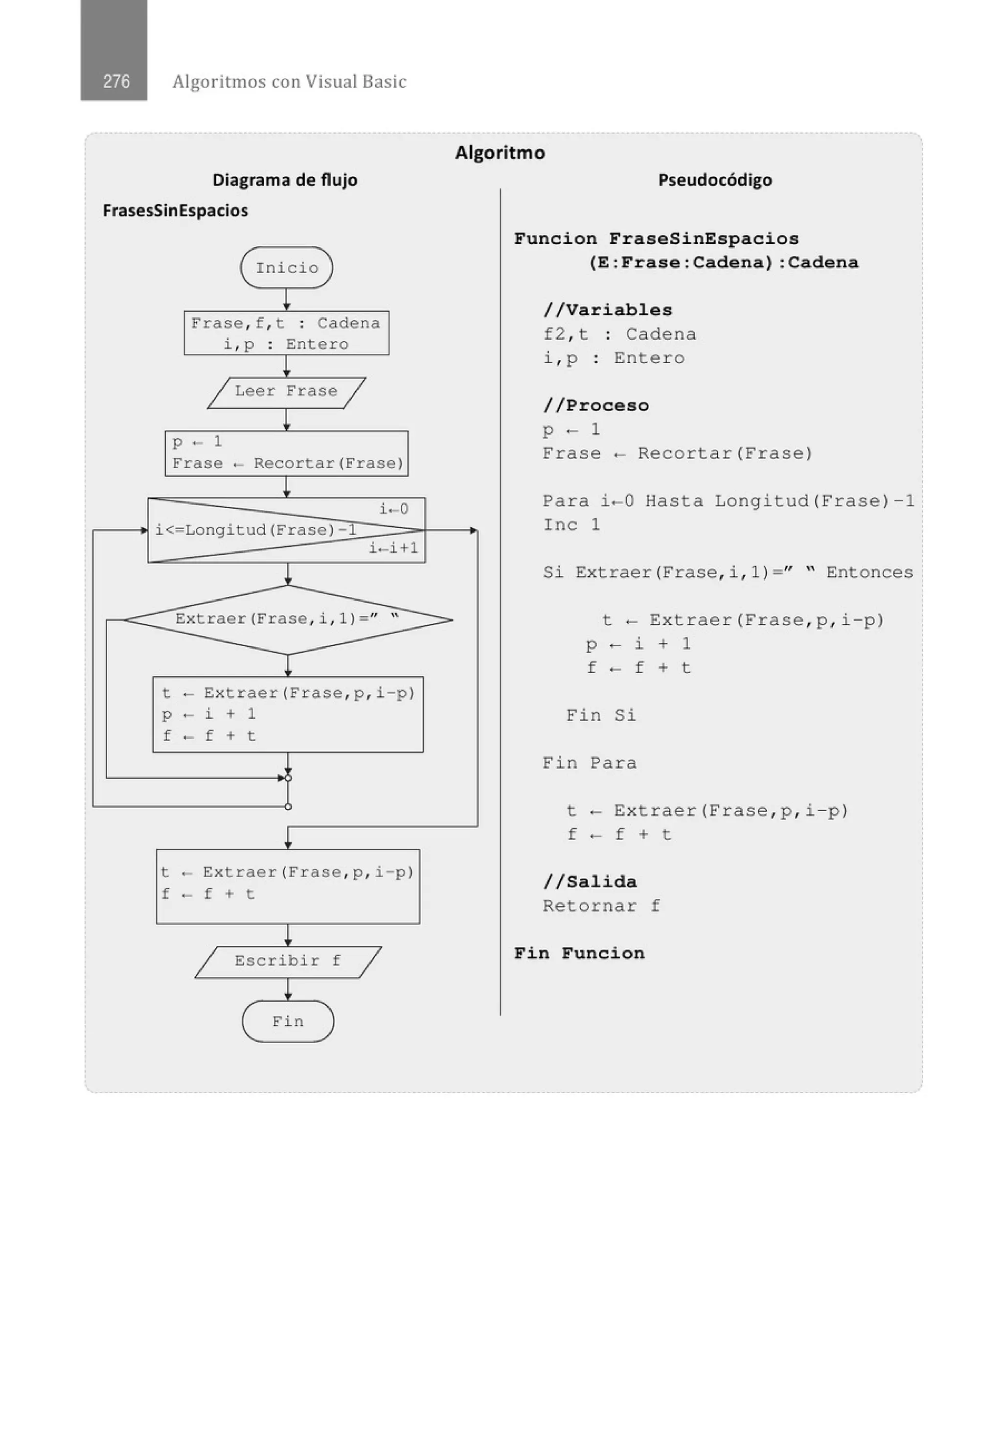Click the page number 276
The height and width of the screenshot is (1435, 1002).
pos(116,81)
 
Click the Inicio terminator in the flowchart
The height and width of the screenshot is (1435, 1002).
pos(287,267)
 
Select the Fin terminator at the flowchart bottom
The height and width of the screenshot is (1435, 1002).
pos(288,1021)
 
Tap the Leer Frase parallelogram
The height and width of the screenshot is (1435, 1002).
pos(286,392)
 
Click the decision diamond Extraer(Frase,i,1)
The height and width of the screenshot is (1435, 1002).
pos(288,619)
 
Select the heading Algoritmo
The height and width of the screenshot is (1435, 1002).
pos(500,152)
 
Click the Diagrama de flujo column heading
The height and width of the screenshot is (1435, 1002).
pos(285,180)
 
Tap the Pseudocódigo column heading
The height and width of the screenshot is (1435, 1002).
pos(715,180)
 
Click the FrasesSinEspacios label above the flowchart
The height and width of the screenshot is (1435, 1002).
pos(175,211)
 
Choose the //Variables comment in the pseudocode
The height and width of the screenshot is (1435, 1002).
pos(607,310)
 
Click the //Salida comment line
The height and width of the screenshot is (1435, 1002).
pos(590,882)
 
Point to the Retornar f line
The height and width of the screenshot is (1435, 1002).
pos(601,906)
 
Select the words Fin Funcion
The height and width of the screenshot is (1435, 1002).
pos(579,953)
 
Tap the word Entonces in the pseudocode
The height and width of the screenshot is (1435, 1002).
pos(869,572)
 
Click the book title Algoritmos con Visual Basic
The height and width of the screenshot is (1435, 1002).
pos(289,81)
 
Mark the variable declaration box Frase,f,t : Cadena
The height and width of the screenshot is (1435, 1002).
pos(286,333)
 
